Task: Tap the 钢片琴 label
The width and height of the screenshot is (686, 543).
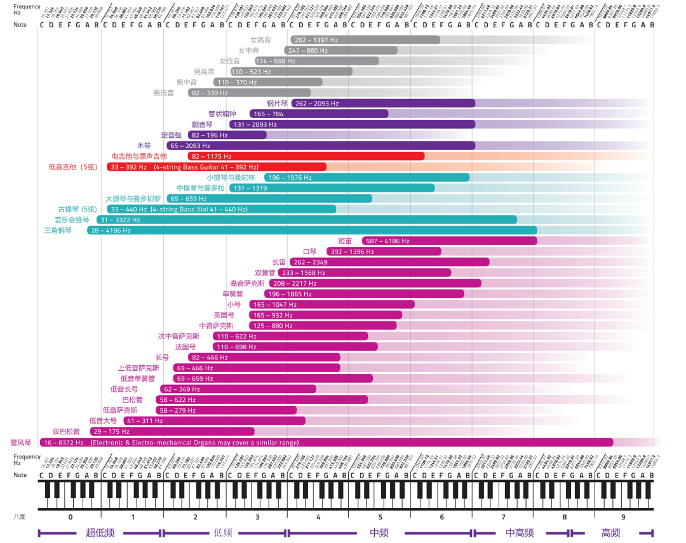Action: [278, 104]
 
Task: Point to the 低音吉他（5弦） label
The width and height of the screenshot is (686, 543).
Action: [72, 167]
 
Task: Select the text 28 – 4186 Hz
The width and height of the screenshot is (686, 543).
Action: [111, 231]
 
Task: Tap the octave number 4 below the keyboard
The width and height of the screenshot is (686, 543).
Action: [319, 517]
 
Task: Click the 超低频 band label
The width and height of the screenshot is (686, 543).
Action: [100, 533]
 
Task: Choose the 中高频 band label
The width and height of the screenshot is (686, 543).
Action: [520, 533]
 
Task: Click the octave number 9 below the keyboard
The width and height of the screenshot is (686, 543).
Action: [623, 517]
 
